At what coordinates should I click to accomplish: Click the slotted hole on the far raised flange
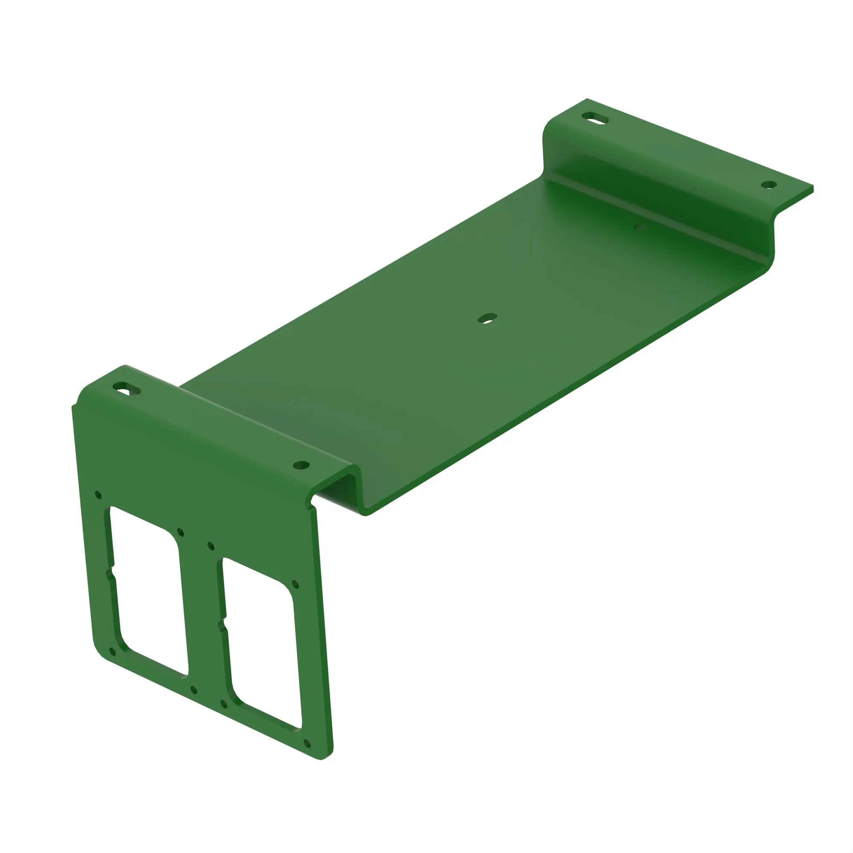coord(595,118)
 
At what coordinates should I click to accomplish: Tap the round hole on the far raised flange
coord(769,185)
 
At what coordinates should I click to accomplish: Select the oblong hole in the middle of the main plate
coord(487,318)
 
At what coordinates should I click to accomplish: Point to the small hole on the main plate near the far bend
coord(640,227)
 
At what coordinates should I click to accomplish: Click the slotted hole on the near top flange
coord(127,389)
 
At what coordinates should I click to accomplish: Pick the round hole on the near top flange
coord(301,465)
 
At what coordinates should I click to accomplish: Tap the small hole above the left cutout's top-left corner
coord(98,494)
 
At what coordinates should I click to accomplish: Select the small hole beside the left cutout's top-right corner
coord(180,532)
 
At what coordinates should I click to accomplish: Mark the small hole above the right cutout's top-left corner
coord(211,546)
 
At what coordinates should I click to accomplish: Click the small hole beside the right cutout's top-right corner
coord(296,585)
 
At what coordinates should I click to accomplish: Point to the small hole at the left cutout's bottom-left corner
coord(112,651)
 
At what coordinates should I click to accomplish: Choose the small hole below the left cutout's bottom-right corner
coord(193,690)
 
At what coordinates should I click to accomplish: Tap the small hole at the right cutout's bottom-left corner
coord(224,704)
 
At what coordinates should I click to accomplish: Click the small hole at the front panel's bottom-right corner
coord(307,743)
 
